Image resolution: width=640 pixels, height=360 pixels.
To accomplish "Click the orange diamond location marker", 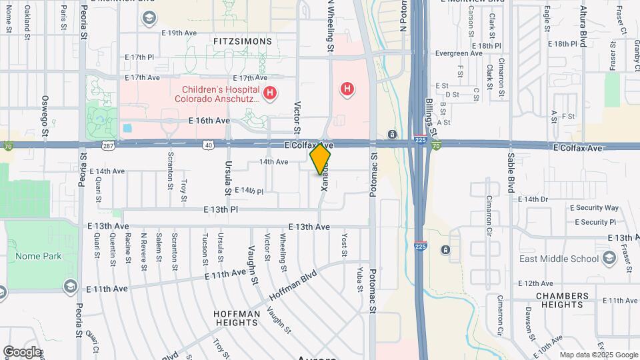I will tap(320, 159).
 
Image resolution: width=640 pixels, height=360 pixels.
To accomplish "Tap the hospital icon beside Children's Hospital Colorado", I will tap(270, 93).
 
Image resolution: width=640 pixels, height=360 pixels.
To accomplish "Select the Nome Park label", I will tap(43, 256).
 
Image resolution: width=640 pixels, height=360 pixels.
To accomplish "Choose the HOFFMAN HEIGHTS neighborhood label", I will tap(235, 318).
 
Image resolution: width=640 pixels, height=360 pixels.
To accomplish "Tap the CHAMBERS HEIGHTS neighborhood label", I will tap(562, 300).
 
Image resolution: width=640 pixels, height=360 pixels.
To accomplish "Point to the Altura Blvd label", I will tap(583, 27).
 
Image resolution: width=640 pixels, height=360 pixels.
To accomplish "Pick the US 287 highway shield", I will tap(107, 145).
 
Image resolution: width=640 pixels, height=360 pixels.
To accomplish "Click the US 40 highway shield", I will tap(209, 145).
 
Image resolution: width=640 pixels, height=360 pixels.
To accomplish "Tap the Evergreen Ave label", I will tap(457, 53).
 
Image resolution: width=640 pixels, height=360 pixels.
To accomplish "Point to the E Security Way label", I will tap(595, 208).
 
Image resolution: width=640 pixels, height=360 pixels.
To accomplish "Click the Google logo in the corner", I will tap(22, 351).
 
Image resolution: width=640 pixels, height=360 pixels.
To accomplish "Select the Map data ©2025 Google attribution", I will tap(598, 355).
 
